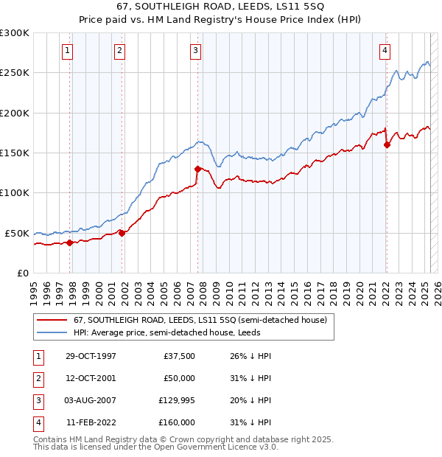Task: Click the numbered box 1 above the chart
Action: (x=67, y=51)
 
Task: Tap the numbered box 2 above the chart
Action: (x=119, y=51)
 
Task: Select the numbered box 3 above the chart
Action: (x=195, y=51)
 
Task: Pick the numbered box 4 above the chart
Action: (x=385, y=51)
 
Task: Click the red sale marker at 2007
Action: (x=197, y=169)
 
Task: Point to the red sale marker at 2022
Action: (x=387, y=144)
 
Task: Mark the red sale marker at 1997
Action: (x=70, y=243)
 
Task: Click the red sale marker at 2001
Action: (x=122, y=233)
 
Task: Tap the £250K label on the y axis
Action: (x=15, y=73)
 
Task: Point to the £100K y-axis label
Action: (x=15, y=192)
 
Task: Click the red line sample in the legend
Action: (x=52, y=320)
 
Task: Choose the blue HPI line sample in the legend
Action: (x=52, y=332)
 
